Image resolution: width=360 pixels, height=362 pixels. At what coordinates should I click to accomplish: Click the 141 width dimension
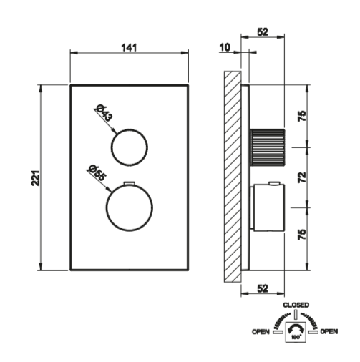click(129, 48)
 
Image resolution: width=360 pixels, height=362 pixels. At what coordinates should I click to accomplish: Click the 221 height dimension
click(36, 178)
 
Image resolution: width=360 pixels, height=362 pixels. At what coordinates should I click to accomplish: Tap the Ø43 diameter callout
click(104, 113)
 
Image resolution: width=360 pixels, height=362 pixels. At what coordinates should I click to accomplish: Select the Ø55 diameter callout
click(97, 173)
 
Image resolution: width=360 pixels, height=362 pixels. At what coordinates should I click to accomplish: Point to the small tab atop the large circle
click(130, 183)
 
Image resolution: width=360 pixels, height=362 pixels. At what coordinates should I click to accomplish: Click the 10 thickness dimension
click(225, 47)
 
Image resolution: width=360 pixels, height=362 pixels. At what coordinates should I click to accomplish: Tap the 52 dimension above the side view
click(263, 31)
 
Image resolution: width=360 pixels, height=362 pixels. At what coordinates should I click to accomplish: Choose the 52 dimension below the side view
click(263, 288)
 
